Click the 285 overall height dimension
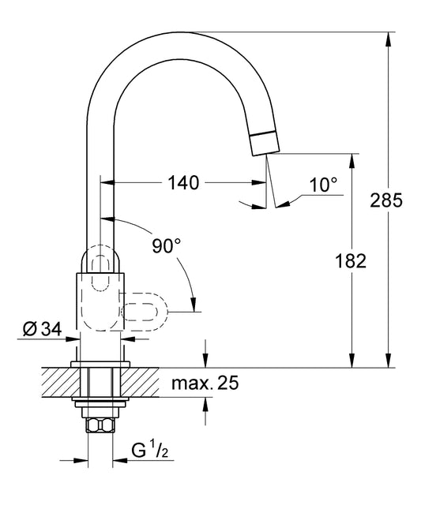pyautogui.click(x=386, y=200)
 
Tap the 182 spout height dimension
pyautogui.click(x=351, y=261)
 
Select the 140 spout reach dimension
pyautogui.click(x=183, y=183)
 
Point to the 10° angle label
pyautogui.click(x=323, y=185)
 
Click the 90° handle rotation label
pyautogui.click(x=166, y=246)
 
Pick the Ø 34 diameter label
pyautogui.click(x=42, y=329)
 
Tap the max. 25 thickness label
pyautogui.click(x=205, y=383)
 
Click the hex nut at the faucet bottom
pyautogui.click(x=100, y=425)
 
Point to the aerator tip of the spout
pyautogui.click(x=265, y=144)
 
